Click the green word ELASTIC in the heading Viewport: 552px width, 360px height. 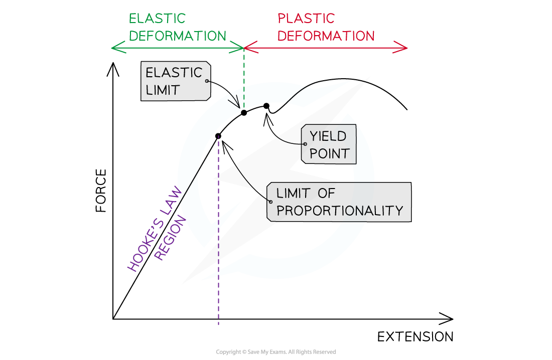(157, 19)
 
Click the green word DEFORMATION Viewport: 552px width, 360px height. (178, 36)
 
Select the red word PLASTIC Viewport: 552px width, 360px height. (306, 19)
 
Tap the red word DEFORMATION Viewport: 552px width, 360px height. (326, 36)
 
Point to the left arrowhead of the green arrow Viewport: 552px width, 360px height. (113, 48)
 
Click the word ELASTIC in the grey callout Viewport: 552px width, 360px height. (174, 73)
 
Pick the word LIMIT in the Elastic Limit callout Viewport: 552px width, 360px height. (163, 90)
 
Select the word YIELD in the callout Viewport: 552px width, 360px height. (328, 136)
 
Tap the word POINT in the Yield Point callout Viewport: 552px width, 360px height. (329, 153)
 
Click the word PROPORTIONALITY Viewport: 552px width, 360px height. (340, 211)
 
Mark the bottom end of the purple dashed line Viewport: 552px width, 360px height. (219, 324)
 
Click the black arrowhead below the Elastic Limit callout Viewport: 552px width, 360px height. (236, 104)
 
